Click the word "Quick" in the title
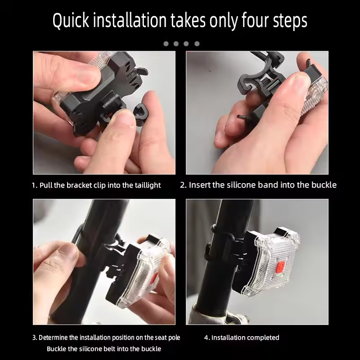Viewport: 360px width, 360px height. [x=71, y=21]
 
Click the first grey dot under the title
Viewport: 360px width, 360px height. [x=166, y=44]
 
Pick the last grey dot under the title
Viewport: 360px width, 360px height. [x=197, y=44]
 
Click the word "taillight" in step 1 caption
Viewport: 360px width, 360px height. [x=148, y=185]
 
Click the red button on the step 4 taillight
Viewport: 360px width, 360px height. [x=280, y=267]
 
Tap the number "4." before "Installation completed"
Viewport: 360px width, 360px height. [x=207, y=338]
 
